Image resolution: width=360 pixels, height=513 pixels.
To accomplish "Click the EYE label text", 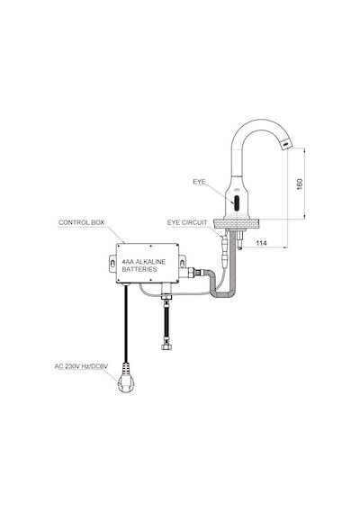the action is tap(199, 182).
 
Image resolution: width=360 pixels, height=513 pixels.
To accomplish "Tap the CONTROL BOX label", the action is tap(81, 222).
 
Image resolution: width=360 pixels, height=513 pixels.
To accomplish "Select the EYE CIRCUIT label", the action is tap(187, 222).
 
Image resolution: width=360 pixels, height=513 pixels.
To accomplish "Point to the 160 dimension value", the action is tap(300, 184).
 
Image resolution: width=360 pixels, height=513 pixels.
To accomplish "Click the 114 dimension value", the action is tap(261, 243).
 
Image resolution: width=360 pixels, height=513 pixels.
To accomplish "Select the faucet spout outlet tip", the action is tap(285, 143).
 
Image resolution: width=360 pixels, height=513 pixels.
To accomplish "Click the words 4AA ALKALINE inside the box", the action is tap(144, 262).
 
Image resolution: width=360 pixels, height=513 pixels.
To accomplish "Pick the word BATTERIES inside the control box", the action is tap(139, 269).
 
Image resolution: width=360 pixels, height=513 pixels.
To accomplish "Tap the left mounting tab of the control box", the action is tap(112, 264).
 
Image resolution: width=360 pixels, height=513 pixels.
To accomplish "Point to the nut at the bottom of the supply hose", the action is tap(166, 346).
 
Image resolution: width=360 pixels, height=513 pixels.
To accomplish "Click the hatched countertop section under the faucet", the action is tap(237, 224).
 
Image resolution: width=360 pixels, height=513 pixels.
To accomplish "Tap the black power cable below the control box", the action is tap(125, 323).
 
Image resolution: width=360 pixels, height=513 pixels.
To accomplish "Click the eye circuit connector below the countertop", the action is tap(224, 248).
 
